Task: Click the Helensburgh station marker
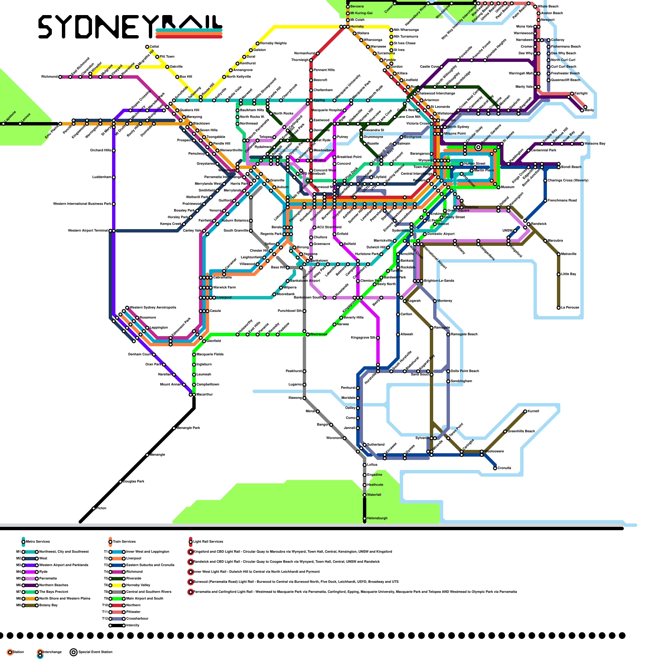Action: [x=365, y=518]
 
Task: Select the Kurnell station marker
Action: [x=525, y=411]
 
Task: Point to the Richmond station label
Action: [x=49, y=77]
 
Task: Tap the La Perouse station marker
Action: [x=559, y=308]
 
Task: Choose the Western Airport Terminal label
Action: [x=88, y=231]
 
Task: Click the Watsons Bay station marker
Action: [x=582, y=144]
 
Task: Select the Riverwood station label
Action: [x=319, y=334]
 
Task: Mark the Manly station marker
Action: [x=582, y=110]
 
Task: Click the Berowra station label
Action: [x=357, y=7]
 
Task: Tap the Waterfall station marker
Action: [x=365, y=495]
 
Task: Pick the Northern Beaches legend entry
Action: [x=54, y=585]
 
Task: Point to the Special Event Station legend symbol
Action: [x=74, y=652]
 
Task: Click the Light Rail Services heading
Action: [x=208, y=542]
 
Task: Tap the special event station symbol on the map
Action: [x=478, y=147]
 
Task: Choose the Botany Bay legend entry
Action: [x=48, y=605]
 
